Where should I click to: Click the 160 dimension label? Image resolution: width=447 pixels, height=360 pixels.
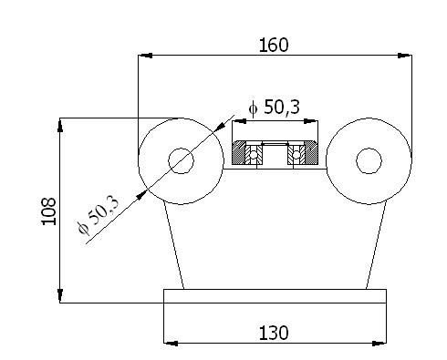tap(274, 45)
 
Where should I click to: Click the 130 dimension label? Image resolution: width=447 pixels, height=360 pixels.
tap(274, 333)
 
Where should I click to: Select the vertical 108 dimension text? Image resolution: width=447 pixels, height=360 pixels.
tap(48, 211)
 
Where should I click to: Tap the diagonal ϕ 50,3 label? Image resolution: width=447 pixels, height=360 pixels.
tap(98, 215)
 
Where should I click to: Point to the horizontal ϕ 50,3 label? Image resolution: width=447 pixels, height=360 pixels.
tap(274, 108)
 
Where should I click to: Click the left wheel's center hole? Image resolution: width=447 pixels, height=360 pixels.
tap(182, 160)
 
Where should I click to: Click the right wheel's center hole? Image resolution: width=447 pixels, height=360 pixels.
tap(369, 160)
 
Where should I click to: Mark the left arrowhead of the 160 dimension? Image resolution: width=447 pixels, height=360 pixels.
tap(145, 56)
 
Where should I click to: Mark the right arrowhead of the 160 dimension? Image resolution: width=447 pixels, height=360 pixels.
tap(405, 56)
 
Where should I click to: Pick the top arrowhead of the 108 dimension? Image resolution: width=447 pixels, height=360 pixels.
tap(60, 125)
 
